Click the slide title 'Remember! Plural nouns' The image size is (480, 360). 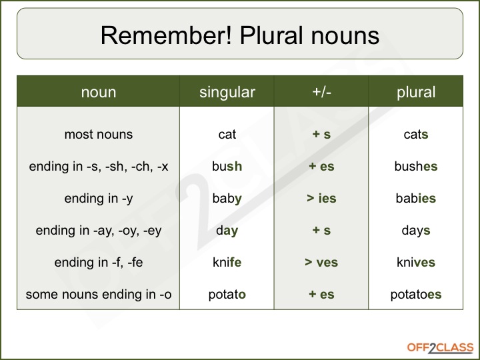[240, 35]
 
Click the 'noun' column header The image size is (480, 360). [98, 93]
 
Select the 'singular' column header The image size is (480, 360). [227, 93]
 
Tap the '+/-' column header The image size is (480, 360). [321, 93]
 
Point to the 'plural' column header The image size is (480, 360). [415, 93]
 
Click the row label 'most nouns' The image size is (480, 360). [98, 135]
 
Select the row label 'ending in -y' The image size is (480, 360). [98, 199]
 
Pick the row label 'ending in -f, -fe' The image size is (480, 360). [98, 263]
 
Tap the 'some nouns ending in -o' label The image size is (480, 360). [98, 295]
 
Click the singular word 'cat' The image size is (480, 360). [227, 135]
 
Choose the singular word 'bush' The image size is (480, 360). [227, 167]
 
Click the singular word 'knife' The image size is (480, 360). [227, 263]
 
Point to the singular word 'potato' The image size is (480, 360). [227, 295]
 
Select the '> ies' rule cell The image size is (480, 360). [321, 199]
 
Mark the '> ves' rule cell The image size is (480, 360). [321, 263]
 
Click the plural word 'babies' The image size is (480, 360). [415, 199]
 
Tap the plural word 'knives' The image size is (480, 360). [415, 263]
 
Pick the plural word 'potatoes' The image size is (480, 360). [415, 295]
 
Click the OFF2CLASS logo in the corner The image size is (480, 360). [440, 347]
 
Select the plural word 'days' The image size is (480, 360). [415, 231]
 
